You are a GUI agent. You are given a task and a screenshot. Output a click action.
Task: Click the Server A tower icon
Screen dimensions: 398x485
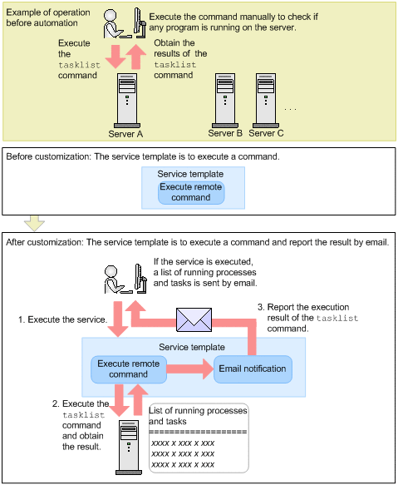pos(127,101)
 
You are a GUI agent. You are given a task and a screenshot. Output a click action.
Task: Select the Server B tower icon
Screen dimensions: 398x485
pos(225,101)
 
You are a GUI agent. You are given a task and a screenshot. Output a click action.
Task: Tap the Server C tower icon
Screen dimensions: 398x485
pos(266,101)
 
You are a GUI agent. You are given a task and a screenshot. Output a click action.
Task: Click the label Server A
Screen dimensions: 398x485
pos(125,134)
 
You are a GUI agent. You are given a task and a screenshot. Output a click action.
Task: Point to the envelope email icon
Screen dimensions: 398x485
pos(194,319)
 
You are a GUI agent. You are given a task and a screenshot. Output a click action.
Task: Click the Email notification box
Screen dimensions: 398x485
pos(253,369)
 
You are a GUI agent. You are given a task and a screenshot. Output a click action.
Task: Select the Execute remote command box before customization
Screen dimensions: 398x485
pos(191,192)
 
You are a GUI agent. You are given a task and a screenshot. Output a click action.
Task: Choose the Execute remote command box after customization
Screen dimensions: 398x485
pos(129,369)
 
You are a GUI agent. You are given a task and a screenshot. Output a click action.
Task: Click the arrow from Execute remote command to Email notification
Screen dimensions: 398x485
pos(190,369)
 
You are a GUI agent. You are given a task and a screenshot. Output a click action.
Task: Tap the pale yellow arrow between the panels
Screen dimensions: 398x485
pos(34,223)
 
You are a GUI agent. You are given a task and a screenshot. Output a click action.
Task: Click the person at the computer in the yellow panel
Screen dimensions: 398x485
pos(125,23)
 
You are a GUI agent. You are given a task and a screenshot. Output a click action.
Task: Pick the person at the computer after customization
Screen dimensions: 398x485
pos(125,279)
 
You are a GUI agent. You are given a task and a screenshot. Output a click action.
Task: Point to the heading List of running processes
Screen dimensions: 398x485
pos(198,416)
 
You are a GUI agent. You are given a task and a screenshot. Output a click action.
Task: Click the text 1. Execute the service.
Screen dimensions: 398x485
pos(62,319)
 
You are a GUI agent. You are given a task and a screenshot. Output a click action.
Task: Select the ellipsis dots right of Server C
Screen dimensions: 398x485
pos(291,109)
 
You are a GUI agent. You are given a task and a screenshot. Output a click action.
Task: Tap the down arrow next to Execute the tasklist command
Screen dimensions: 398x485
pos(115,57)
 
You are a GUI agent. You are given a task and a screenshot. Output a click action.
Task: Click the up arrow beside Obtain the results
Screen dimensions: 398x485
pos(136,57)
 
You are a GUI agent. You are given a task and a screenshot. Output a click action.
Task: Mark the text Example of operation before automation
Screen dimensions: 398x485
pos(48,17)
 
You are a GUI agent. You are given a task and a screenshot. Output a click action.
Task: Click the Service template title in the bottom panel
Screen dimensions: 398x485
pos(192,347)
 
